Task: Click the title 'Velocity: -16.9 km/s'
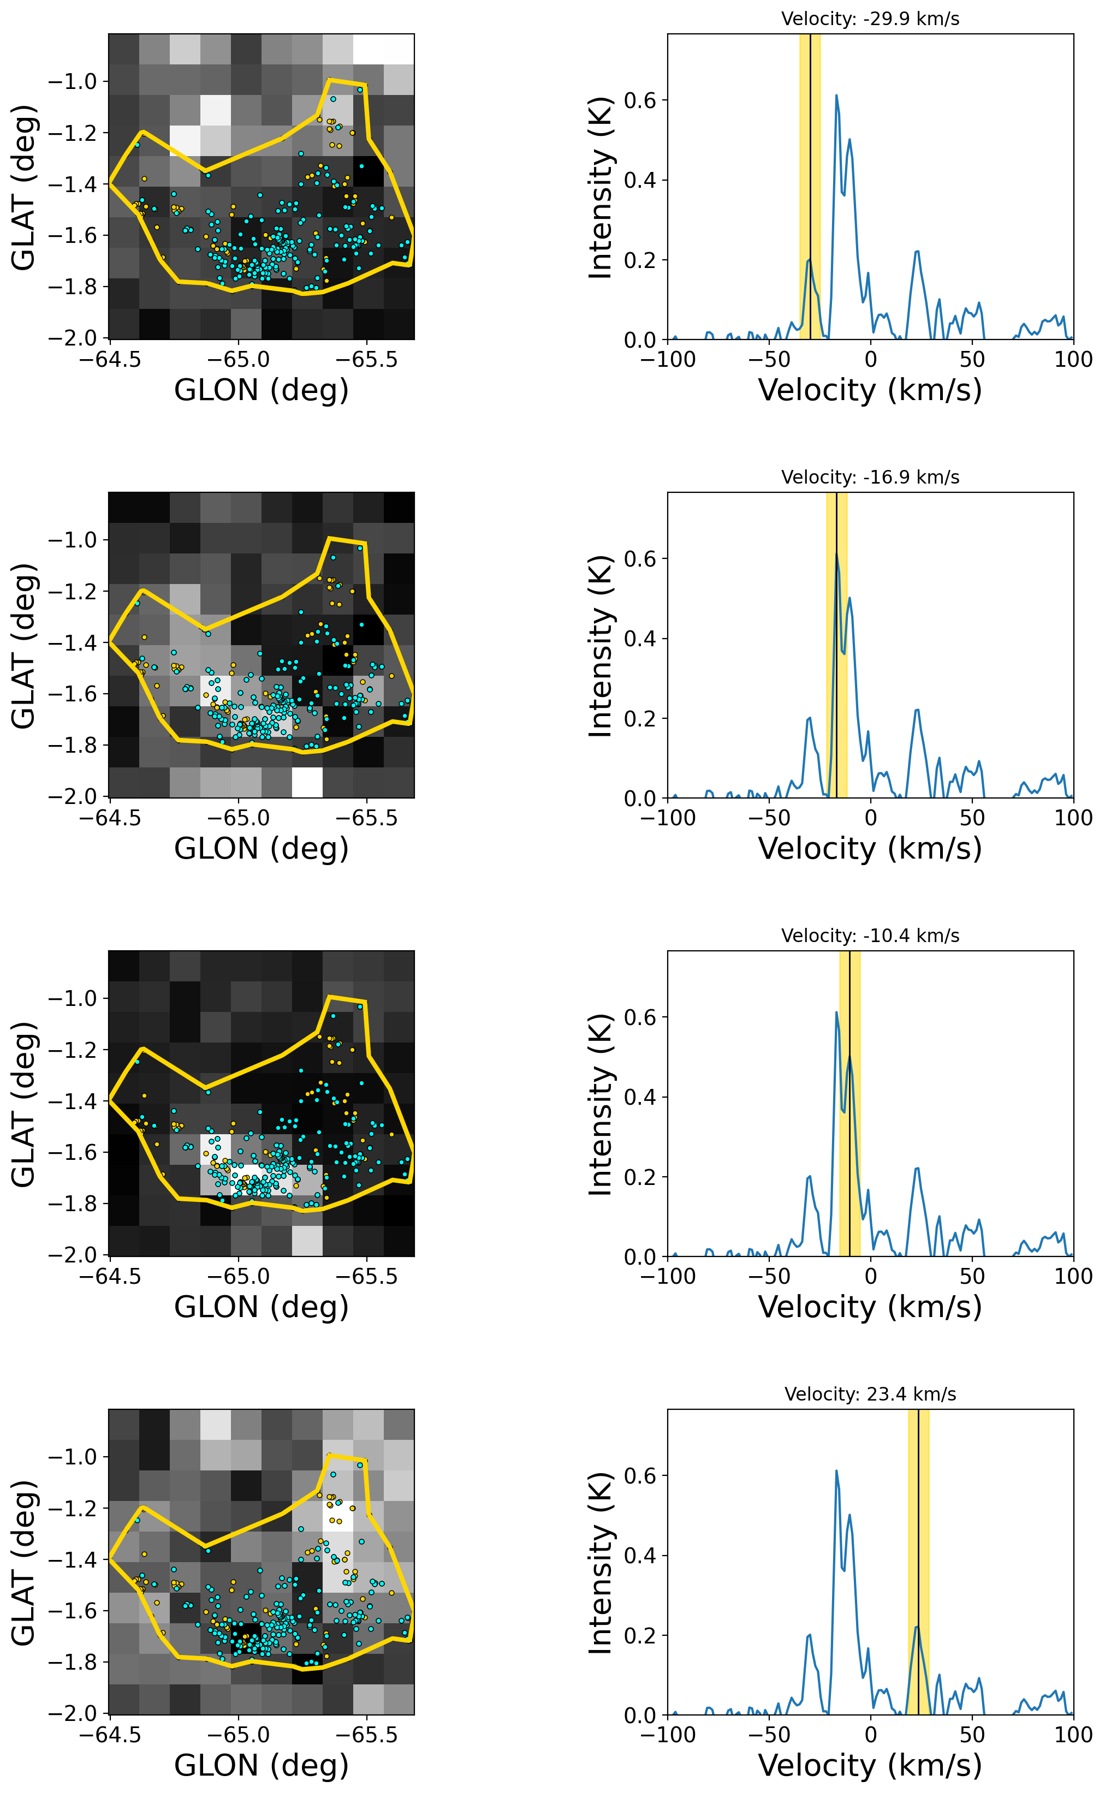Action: click(x=870, y=477)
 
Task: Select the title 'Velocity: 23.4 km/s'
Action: click(x=870, y=1394)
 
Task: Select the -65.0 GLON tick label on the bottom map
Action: click(x=238, y=1735)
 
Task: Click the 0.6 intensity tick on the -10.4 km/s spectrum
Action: click(x=640, y=1017)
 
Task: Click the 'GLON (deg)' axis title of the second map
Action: click(x=261, y=848)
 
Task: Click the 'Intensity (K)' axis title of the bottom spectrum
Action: click(x=600, y=1563)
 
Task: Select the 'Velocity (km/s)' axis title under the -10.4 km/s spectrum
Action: click(x=870, y=1307)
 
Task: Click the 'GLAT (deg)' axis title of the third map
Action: click(x=23, y=1104)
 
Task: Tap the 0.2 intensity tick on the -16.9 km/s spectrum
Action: click(x=640, y=719)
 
